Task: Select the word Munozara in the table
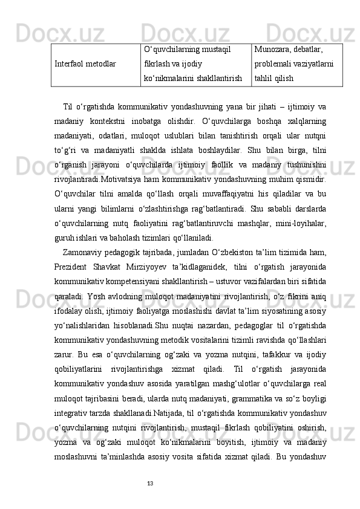tap(273, 49)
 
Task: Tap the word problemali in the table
tap(274, 63)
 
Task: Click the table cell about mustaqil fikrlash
tap(195, 63)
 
